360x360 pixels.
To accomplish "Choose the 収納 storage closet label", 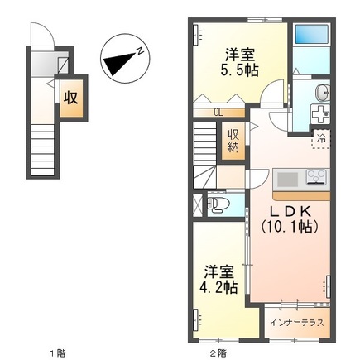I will click(234, 141).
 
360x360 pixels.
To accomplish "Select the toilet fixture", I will click(217, 202).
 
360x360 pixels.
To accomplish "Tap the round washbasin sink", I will click(321, 92).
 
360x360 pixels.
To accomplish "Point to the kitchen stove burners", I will click(315, 176).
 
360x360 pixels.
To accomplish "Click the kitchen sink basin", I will click(286, 178).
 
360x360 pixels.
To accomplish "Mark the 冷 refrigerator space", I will click(319, 141).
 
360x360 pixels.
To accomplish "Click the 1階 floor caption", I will click(55, 353).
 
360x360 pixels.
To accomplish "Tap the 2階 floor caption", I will click(217, 353).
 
